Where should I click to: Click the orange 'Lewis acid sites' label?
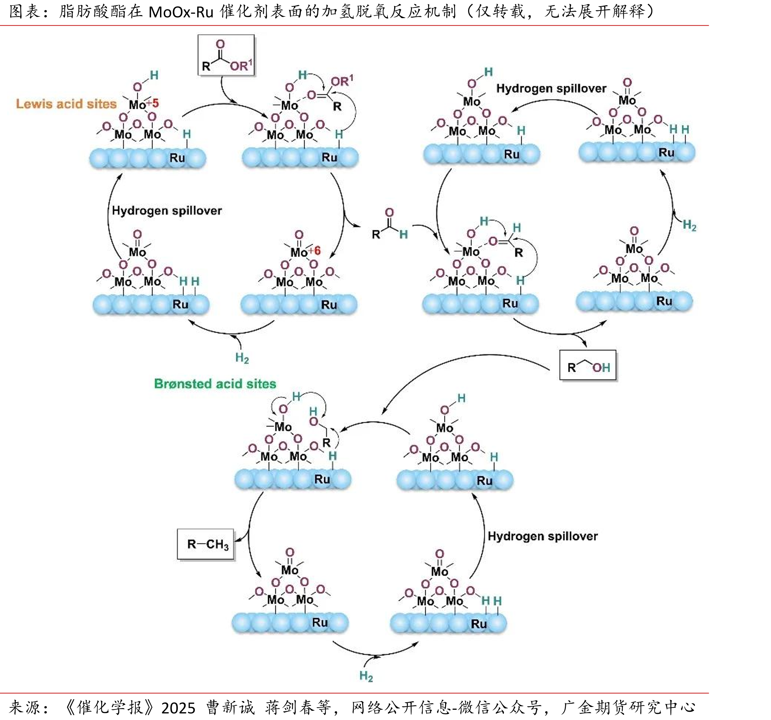[66, 104]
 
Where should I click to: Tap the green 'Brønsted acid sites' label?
[215, 384]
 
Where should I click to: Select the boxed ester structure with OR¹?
[226, 55]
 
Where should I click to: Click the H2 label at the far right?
[690, 225]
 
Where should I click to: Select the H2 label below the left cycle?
[242, 357]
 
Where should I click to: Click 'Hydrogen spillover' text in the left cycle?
[167, 211]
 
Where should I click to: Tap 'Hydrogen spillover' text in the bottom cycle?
[543, 536]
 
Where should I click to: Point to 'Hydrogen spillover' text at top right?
[551, 89]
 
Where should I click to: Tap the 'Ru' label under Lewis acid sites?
[177, 158]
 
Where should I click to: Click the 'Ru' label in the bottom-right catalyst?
[479, 624]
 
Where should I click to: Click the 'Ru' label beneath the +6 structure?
[329, 305]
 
